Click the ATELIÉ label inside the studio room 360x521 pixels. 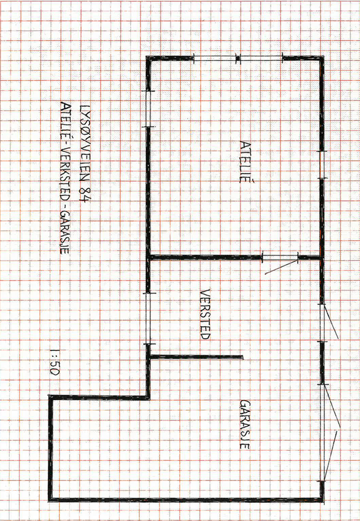tap(245, 162)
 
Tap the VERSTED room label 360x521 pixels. tap(206, 314)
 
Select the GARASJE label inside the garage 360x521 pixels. tap(244, 424)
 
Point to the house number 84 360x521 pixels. tap(85, 194)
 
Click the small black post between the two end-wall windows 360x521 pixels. tap(237, 59)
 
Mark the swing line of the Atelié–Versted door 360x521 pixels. tap(281, 267)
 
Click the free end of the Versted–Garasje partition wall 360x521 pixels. tap(243, 357)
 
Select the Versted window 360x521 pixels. tap(148, 319)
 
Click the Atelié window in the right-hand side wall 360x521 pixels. tap(321, 165)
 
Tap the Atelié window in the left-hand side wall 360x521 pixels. tap(148, 109)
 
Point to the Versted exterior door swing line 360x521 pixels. tap(331, 322)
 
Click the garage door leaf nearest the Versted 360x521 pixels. tap(332, 405)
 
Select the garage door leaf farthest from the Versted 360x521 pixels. tap(330, 456)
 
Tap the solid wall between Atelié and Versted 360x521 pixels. tap(205, 257)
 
